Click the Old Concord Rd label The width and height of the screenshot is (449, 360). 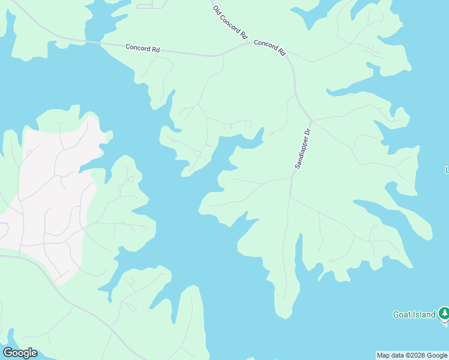point(231,23)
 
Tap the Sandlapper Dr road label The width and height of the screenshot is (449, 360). point(302,148)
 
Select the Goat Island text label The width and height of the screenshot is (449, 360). point(414,314)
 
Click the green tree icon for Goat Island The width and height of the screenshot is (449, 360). point(443,313)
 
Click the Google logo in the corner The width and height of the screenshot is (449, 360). point(20,353)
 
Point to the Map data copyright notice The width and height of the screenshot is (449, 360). point(412,356)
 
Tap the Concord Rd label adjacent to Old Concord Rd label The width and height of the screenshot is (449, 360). point(270,47)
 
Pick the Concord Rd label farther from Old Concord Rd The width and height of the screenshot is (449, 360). point(142,48)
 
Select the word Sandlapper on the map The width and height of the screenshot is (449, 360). point(300,154)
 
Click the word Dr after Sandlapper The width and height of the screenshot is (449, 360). point(307,131)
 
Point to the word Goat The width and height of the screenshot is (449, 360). point(402,314)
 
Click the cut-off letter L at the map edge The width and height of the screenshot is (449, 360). point(447,170)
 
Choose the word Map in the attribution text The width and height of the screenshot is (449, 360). point(383,356)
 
